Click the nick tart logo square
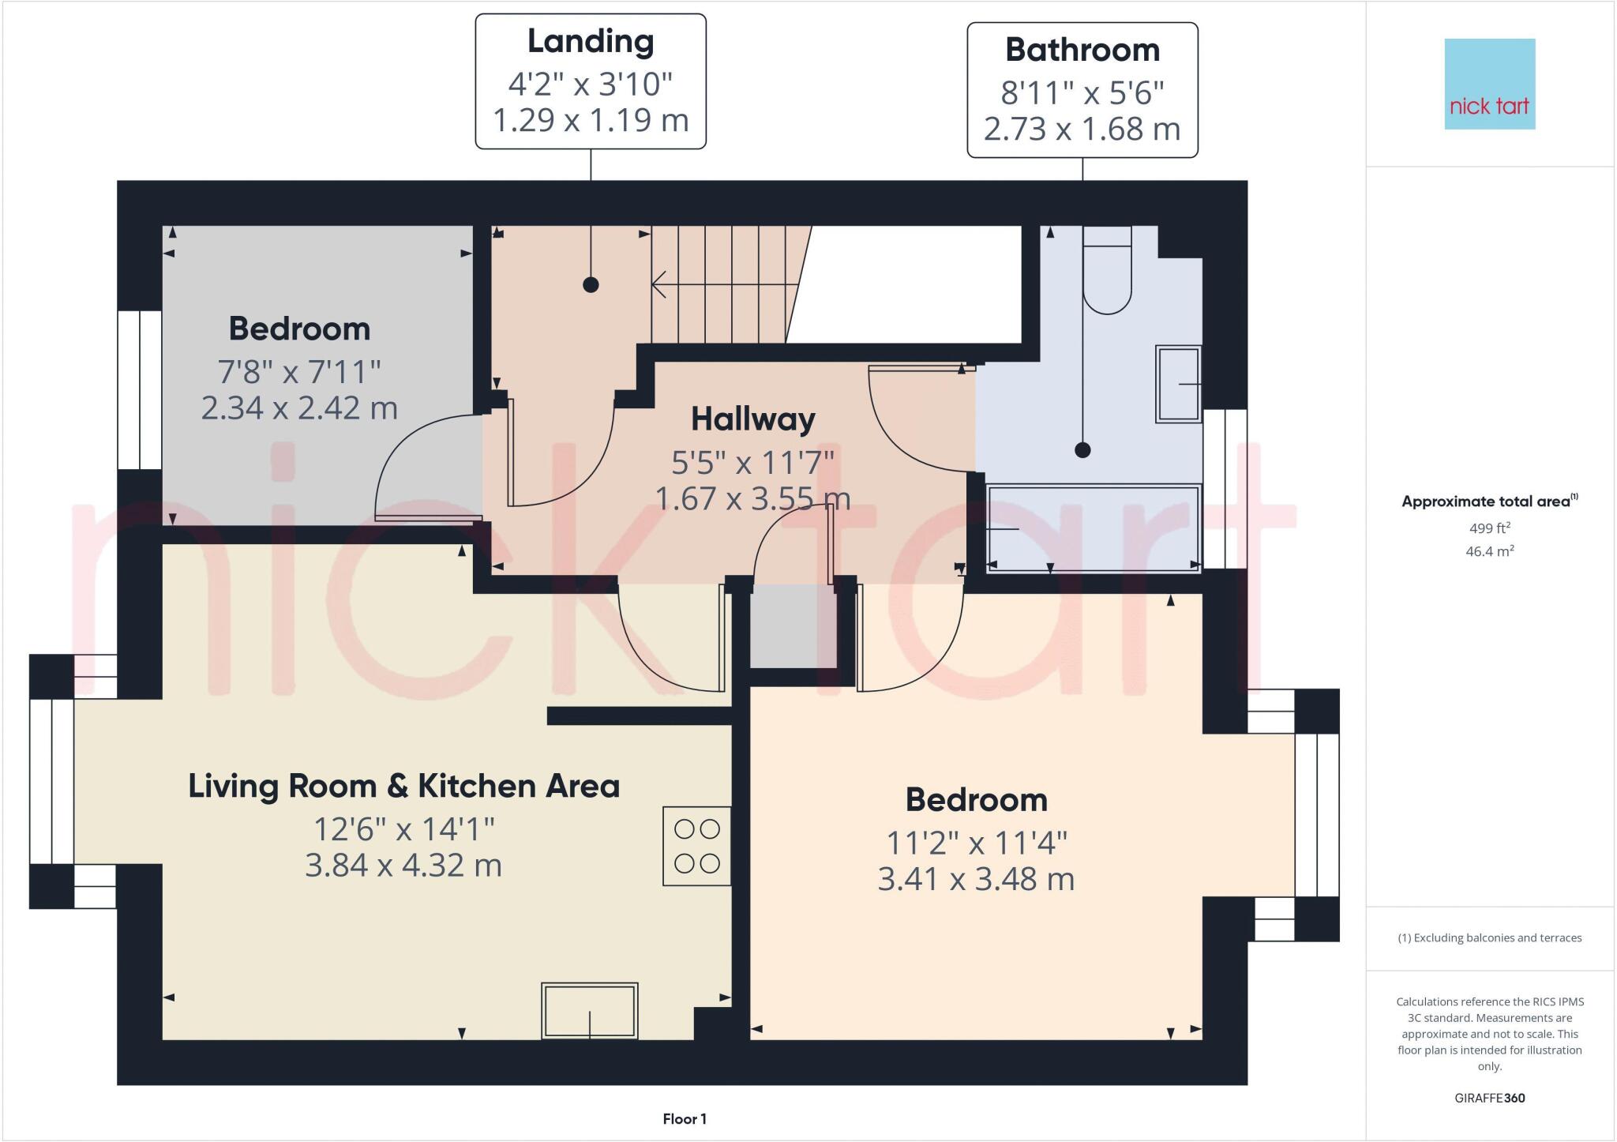coord(1489,84)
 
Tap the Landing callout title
coord(591,42)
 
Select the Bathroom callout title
coord(1082,51)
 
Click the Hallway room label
coord(752,419)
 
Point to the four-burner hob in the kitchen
coord(696,846)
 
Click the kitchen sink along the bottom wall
coord(589,1010)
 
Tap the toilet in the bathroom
coord(1107,271)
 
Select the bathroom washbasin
coord(1178,384)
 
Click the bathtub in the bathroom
coord(1093,527)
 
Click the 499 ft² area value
coord(1489,528)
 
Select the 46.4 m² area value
coord(1489,551)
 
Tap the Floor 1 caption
coord(685,1119)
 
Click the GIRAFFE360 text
coord(1489,1098)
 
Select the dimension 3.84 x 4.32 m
coord(403,866)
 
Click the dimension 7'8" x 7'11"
coord(299,370)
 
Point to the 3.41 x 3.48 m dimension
coord(976,879)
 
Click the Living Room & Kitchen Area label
coord(403,787)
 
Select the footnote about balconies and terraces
coord(1489,938)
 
